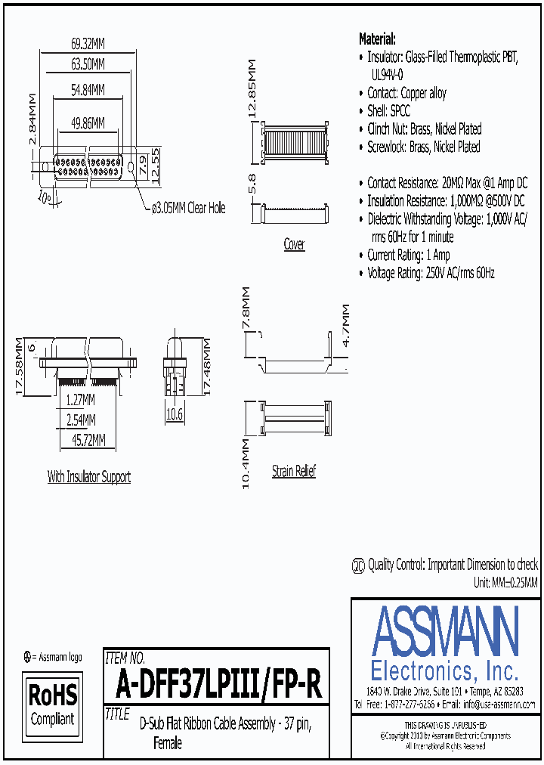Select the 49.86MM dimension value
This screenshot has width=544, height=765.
88,122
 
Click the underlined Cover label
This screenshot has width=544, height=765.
294,244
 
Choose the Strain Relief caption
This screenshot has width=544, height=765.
294,471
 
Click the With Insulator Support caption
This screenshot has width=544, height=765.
89,477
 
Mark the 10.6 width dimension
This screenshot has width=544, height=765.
175,413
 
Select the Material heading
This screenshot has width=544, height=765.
377,39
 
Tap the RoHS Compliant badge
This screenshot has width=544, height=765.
52,704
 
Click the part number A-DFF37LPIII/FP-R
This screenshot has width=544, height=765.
219,684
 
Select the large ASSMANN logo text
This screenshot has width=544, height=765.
445,632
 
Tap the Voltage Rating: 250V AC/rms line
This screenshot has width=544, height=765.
431,274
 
